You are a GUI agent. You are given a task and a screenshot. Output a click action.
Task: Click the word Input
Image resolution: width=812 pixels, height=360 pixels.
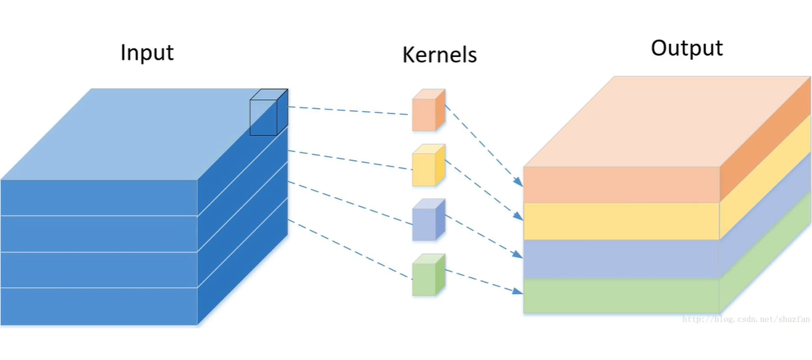coord(146,53)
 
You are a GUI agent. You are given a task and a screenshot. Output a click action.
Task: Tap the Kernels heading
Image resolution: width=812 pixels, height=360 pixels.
coord(439,55)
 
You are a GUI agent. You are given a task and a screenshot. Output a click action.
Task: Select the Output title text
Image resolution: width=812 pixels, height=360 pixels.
coord(686,49)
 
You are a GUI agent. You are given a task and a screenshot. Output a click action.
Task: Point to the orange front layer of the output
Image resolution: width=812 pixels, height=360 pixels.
coord(621,185)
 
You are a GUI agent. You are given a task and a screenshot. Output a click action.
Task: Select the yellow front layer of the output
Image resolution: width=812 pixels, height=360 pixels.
coord(621,221)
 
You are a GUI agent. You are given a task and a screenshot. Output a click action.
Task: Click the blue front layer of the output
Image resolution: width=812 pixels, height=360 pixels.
coord(621,259)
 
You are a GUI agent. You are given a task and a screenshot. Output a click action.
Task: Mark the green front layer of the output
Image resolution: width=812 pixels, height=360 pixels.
coord(621,295)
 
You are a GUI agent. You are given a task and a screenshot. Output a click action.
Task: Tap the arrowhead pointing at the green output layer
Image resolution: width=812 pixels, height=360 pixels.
coord(518,291)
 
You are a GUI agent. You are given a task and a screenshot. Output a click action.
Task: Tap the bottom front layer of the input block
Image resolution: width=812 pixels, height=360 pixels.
coord(99,306)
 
